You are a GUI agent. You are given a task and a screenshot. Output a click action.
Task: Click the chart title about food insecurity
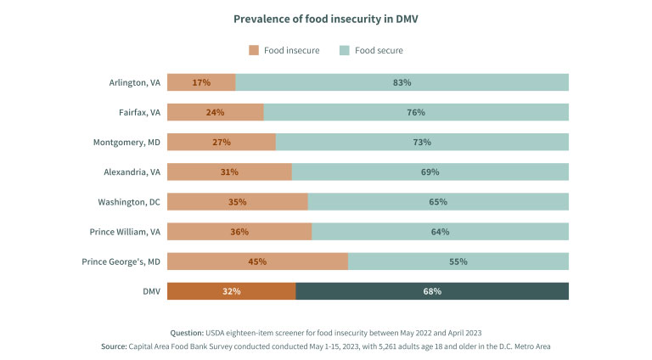pyautogui.click(x=326, y=17)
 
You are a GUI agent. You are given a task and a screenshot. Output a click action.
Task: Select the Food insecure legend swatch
pyautogui.click(x=254, y=50)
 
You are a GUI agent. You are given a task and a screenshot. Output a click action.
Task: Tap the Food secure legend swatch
pyautogui.click(x=345, y=50)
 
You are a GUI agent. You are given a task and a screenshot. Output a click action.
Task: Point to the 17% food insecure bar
pyautogui.click(x=201, y=82)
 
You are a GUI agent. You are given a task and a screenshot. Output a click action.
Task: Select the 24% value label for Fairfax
pyautogui.click(x=216, y=112)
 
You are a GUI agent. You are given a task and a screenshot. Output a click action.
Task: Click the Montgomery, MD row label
pyautogui.click(x=126, y=142)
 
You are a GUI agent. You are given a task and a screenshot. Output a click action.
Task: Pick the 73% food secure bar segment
pyautogui.click(x=422, y=142)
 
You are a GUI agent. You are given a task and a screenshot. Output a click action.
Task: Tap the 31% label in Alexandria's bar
pyautogui.click(x=229, y=172)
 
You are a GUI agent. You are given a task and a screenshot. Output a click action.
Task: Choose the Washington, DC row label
pyautogui.click(x=128, y=202)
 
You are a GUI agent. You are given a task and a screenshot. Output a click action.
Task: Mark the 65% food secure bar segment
pyautogui.click(x=438, y=202)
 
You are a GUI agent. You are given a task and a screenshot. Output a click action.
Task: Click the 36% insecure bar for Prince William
pyautogui.click(x=239, y=232)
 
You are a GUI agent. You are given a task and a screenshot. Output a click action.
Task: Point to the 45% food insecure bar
pyautogui.click(x=257, y=262)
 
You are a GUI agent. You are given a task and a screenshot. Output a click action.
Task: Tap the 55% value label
pyautogui.click(x=458, y=262)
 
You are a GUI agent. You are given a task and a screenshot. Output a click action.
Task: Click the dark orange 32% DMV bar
pyautogui.click(x=231, y=291)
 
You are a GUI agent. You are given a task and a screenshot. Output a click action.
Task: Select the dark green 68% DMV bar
pyautogui.click(x=432, y=291)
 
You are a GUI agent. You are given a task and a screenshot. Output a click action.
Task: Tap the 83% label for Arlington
pyautogui.click(x=402, y=82)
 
